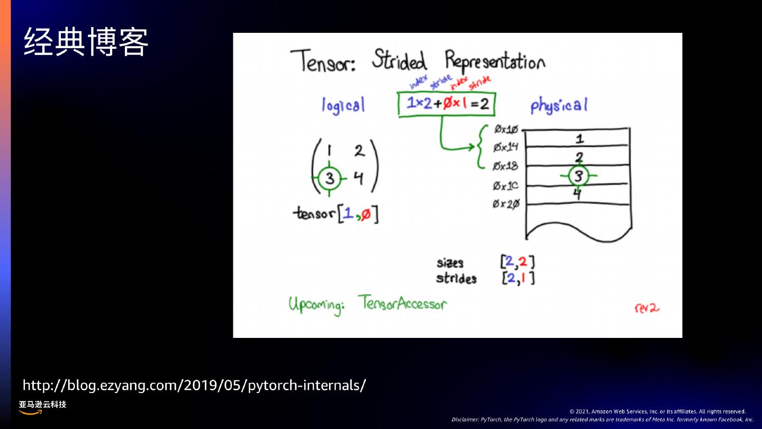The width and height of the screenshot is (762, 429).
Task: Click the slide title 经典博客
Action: (x=86, y=42)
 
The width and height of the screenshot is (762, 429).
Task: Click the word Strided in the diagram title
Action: (x=399, y=61)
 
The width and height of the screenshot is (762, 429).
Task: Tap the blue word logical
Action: (x=343, y=105)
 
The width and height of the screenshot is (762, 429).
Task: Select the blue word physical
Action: (x=559, y=105)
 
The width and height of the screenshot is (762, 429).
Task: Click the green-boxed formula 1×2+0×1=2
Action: (x=447, y=104)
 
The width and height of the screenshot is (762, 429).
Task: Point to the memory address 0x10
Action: (x=506, y=129)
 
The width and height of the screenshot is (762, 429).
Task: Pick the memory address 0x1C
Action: (x=506, y=185)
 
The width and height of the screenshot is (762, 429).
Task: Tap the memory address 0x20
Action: (x=506, y=204)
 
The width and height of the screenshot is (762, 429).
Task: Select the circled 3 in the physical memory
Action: (x=578, y=175)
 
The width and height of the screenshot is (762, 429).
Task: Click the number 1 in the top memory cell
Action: (x=579, y=139)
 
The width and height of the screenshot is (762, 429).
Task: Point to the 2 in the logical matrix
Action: (x=359, y=151)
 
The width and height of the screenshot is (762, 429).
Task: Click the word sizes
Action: (x=450, y=263)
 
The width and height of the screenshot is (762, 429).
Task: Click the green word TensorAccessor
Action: (x=402, y=303)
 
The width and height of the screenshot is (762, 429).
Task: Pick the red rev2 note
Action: (x=647, y=308)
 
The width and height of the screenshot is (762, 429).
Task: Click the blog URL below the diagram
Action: (x=194, y=385)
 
